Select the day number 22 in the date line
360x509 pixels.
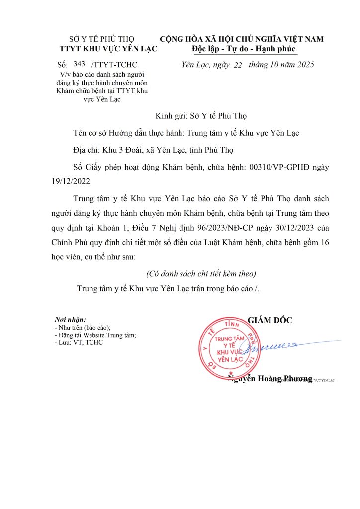(237, 66)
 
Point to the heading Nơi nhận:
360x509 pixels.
(70, 320)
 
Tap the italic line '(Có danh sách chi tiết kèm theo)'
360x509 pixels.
(201, 274)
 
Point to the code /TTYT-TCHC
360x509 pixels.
(114, 65)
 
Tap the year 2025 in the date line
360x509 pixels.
(304, 65)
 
